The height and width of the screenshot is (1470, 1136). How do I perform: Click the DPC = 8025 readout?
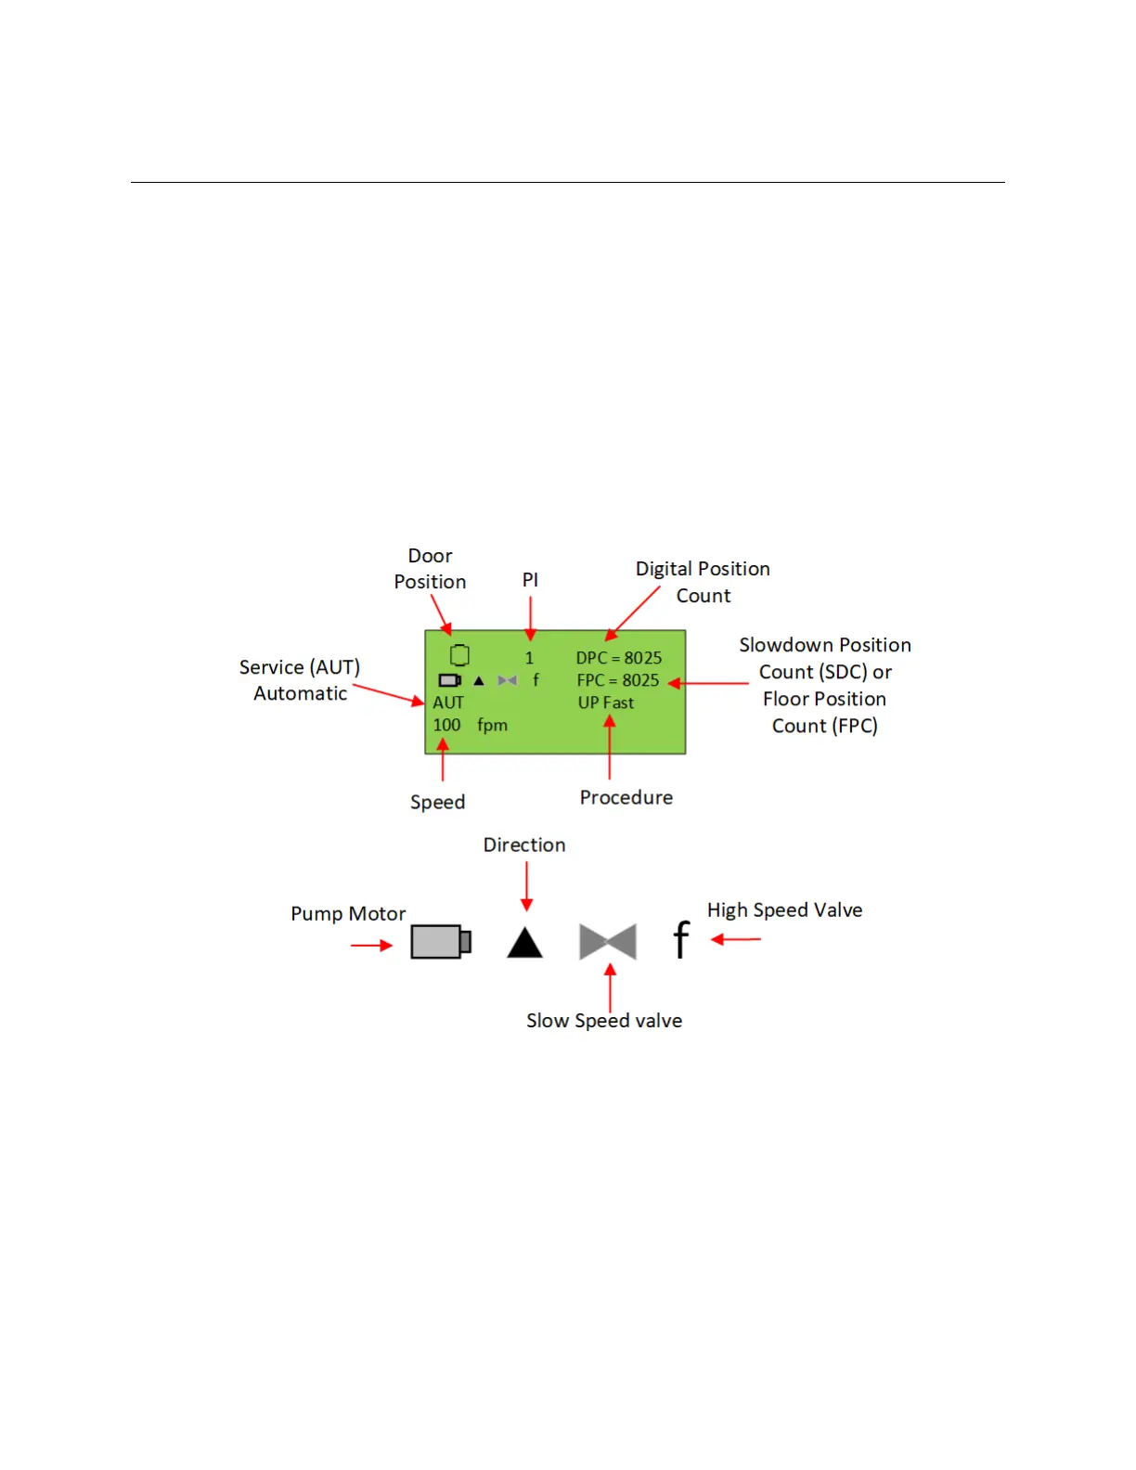(x=618, y=658)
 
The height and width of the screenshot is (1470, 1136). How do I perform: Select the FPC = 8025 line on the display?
(x=617, y=680)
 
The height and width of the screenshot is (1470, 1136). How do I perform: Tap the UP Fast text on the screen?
(x=605, y=703)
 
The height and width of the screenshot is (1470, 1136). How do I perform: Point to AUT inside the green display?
(x=447, y=703)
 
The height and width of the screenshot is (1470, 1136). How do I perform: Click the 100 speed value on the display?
(x=446, y=725)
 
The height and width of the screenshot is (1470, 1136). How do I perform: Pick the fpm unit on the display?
(x=492, y=725)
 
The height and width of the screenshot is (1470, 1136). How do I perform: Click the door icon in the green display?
(x=459, y=655)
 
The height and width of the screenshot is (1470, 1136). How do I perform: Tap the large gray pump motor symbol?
(x=441, y=942)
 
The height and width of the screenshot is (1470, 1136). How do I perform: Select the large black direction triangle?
(x=524, y=943)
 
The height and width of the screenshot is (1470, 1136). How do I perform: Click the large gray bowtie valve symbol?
(x=607, y=941)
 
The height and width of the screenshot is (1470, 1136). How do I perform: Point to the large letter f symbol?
(x=681, y=939)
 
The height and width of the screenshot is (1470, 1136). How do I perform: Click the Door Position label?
(x=430, y=569)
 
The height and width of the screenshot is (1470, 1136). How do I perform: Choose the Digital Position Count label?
(x=703, y=582)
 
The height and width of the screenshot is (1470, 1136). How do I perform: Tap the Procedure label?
(x=626, y=797)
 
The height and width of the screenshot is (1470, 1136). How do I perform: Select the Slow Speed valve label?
(x=604, y=1020)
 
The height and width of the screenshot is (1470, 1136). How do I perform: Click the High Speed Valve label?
(x=784, y=909)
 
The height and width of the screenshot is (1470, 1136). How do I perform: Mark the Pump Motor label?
(x=348, y=913)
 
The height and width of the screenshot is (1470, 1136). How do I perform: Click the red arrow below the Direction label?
(x=526, y=886)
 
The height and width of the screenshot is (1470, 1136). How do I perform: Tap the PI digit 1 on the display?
(x=529, y=658)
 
